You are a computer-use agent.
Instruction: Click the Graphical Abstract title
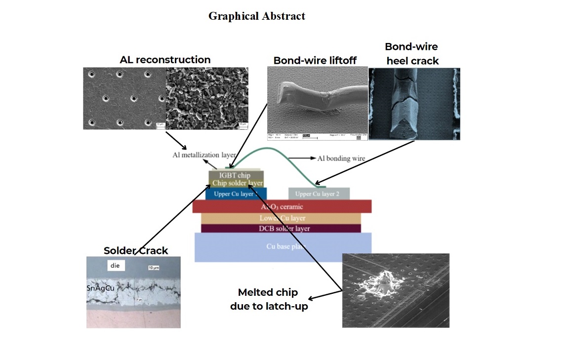(x=256, y=16)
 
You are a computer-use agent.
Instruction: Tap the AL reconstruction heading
(x=165, y=60)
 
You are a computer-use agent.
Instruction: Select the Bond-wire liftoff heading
(x=315, y=61)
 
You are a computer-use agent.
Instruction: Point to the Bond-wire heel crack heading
(x=411, y=53)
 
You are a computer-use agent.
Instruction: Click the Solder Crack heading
(x=136, y=250)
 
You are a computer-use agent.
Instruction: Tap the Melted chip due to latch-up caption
(x=269, y=299)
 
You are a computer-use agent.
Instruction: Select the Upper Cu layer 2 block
(x=319, y=194)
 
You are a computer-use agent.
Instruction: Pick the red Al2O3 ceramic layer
(x=282, y=206)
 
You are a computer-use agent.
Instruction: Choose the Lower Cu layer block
(x=282, y=218)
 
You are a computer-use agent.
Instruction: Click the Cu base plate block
(x=282, y=246)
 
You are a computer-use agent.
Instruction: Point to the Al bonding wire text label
(x=341, y=159)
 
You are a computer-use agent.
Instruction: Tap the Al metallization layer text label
(x=204, y=155)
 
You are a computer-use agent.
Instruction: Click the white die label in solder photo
(x=115, y=266)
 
